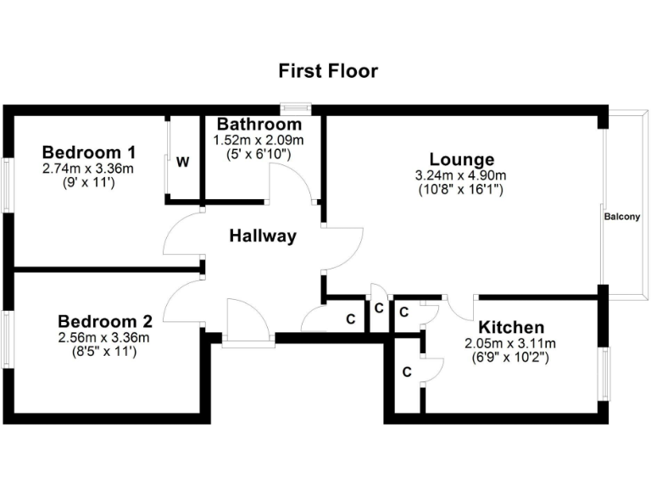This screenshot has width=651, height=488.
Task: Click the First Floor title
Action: pyautogui.click(x=328, y=71)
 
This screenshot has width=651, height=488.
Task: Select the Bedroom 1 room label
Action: pyautogui.click(x=89, y=152)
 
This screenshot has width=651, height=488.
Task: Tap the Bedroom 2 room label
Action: pyautogui.click(x=104, y=322)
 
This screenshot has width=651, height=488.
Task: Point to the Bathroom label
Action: pyautogui.click(x=259, y=125)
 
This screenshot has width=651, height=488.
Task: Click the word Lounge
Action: pyautogui.click(x=461, y=159)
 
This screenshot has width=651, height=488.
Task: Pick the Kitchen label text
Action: pyautogui.click(x=510, y=328)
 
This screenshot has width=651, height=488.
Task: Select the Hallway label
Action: pyautogui.click(x=263, y=236)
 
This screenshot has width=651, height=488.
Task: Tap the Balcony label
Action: pyautogui.click(x=621, y=217)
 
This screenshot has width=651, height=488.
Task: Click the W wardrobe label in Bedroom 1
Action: pyautogui.click(x=182, y=162)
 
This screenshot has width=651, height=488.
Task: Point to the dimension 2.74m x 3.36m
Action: pyautogui.click(x=89, y=169)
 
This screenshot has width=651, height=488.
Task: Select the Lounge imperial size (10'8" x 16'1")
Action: pyautogui.click(x=461, y=190)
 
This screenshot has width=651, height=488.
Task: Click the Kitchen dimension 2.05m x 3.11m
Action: pyautogui.click(x=510, y=343)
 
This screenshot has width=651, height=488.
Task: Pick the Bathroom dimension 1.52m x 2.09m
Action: pyautogui.click(x=259, y=140)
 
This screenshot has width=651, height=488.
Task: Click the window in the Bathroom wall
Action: pyautogui.click(x=295, y=108)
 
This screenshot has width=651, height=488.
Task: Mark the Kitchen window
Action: pyautogui.click(x=604, y=372)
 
